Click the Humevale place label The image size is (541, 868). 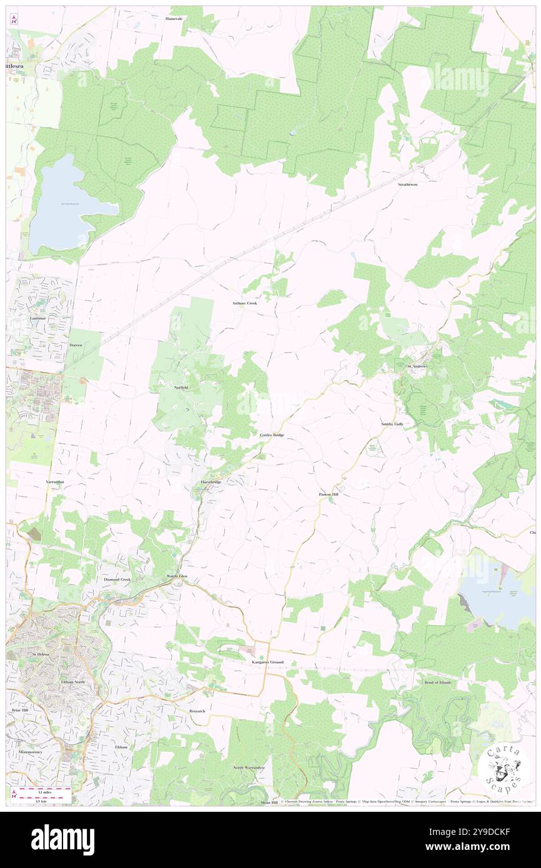click(x=174, y=19)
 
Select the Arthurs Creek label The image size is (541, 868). click(x=244, y=303)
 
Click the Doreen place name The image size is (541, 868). click(x=76, y=345)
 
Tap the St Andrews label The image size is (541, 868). click(x=417, y=367)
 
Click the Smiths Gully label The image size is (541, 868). click(x=392, y=424)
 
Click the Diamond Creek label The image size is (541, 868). click(x=117, y=579)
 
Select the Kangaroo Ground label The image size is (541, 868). click(x=267, y=662)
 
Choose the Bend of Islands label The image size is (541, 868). click(x=437, y=683)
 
